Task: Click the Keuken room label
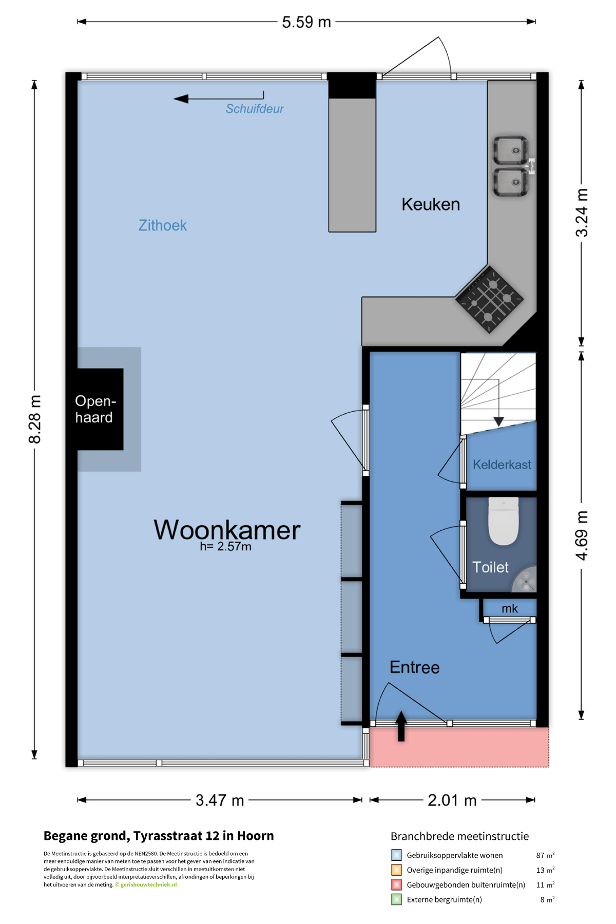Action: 431,204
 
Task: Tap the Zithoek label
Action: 163,225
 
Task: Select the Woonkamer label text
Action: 227,530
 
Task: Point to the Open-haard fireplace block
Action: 95,409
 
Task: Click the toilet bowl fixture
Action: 503,521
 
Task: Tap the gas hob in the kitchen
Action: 490,299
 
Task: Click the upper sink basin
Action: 511,150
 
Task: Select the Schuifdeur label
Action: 255,109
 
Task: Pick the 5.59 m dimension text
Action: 306,22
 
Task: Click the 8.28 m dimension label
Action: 34,419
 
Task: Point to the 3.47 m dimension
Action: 220,800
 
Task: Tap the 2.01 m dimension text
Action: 452,800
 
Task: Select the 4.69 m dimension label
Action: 582,535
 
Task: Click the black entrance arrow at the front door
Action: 401,726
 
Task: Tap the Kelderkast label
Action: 502,465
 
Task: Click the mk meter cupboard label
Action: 510,609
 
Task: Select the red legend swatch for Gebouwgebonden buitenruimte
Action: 396,884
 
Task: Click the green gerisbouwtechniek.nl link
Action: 148,884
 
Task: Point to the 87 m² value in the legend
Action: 545,855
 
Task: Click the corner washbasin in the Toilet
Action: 525,580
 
